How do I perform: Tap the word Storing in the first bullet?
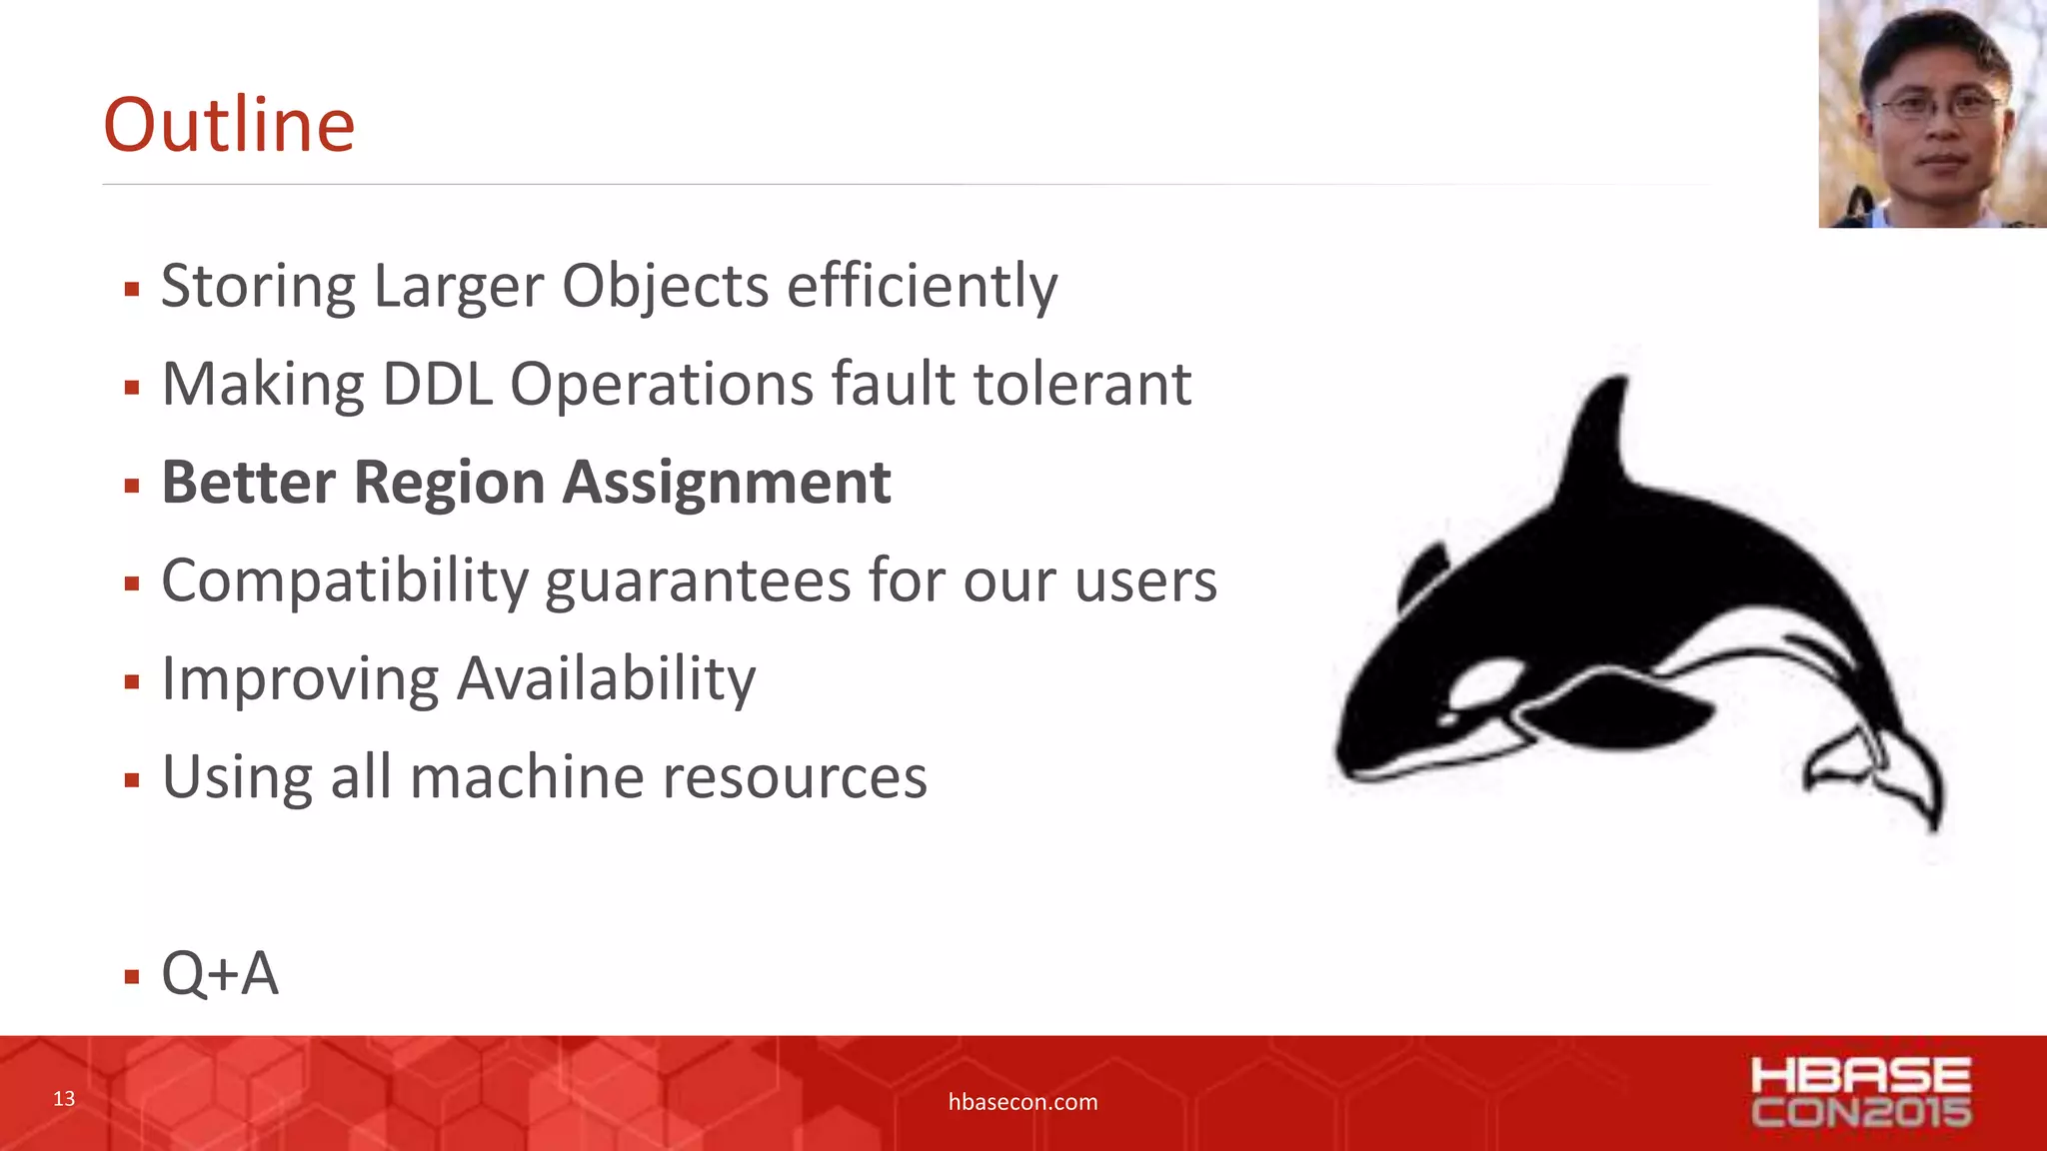257,287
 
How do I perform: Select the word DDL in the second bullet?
438,385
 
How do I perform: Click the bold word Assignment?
726,483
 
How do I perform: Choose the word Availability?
606,679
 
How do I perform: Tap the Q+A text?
220,973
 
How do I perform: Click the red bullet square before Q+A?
132,976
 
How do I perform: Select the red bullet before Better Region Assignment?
132,487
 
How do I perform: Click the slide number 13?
64,1099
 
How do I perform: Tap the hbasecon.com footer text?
1023,1102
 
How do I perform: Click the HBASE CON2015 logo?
1860,1093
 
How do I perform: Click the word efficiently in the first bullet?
922,287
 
